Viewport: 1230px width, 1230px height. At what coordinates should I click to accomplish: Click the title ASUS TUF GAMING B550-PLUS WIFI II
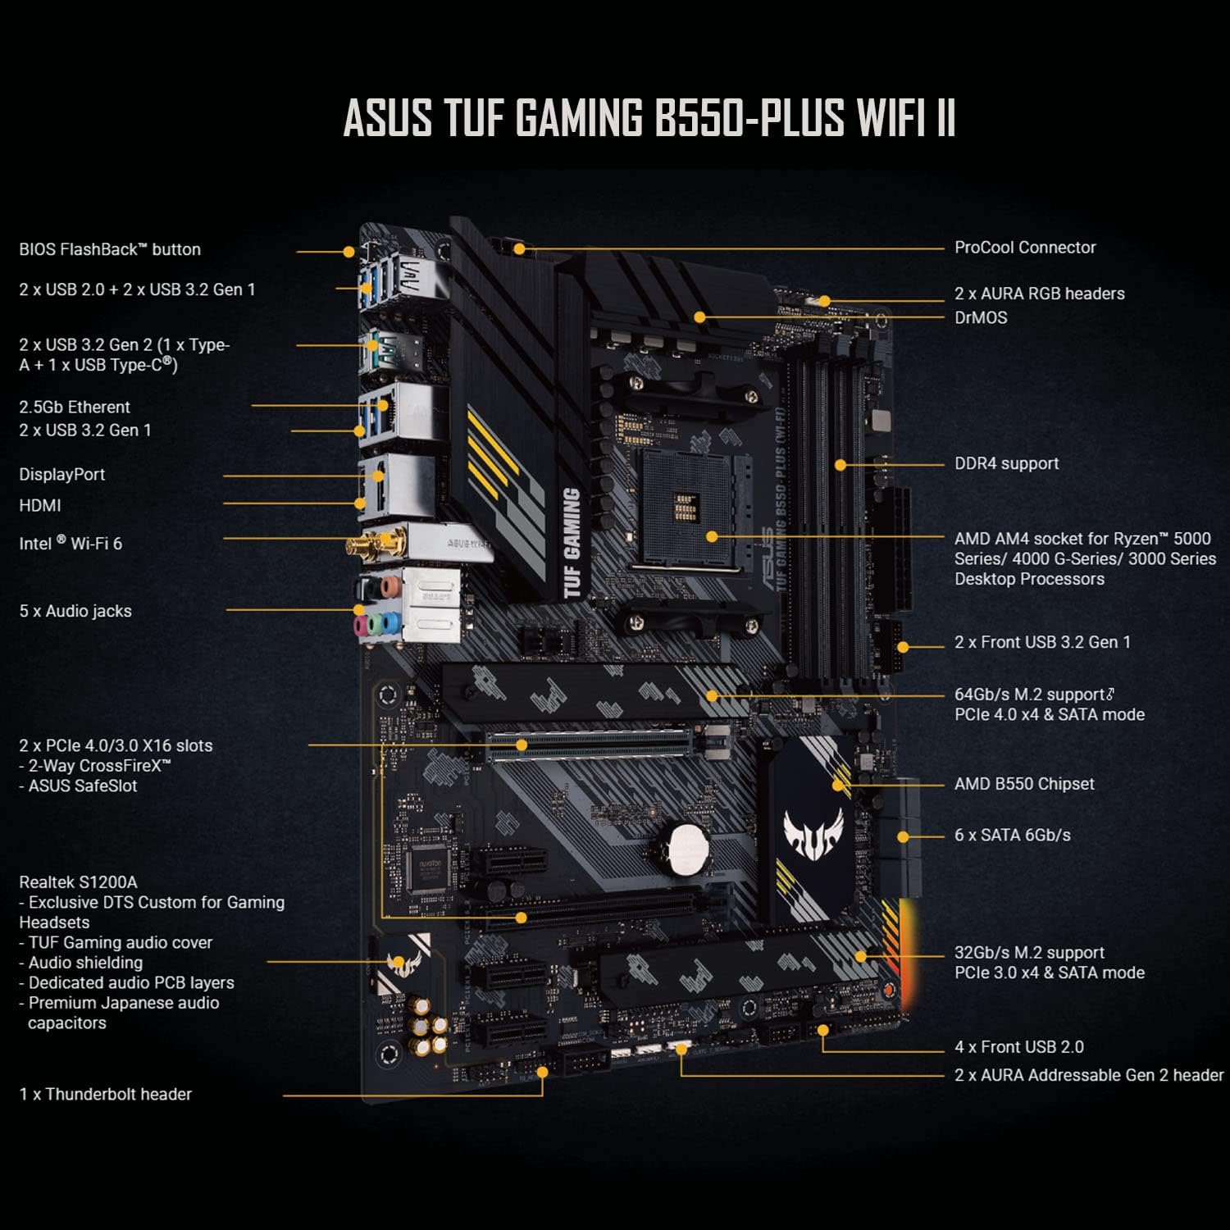click(649, 118)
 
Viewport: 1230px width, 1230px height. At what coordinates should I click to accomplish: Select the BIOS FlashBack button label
click(110, 249)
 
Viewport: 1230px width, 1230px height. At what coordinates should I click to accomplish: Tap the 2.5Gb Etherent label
click(75, 407)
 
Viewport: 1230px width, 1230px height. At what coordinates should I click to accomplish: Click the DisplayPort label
click(62, 474)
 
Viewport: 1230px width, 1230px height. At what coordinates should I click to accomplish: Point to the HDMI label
click(40, 505)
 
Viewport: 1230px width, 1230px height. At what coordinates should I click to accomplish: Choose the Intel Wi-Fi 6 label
click(71, 543)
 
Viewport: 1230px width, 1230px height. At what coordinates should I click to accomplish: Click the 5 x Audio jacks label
click(75, 611)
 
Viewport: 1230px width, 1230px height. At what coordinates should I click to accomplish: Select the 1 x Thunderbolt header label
click(106, 1094)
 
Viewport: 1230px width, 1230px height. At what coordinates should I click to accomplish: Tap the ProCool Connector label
click(1025, 248)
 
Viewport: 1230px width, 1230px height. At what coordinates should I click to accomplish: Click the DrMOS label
click(981, 317)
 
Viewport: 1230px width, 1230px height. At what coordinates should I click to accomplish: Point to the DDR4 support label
click(1006, 463)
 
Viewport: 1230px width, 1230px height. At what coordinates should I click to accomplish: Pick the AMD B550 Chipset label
click(1024, 784)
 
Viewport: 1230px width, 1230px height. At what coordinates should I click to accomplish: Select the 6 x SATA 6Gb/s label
click(1013, 835)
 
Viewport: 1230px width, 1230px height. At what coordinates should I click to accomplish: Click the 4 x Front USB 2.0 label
click(1019, 1047)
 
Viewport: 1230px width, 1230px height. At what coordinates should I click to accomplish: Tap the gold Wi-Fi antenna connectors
click(376, 544)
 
